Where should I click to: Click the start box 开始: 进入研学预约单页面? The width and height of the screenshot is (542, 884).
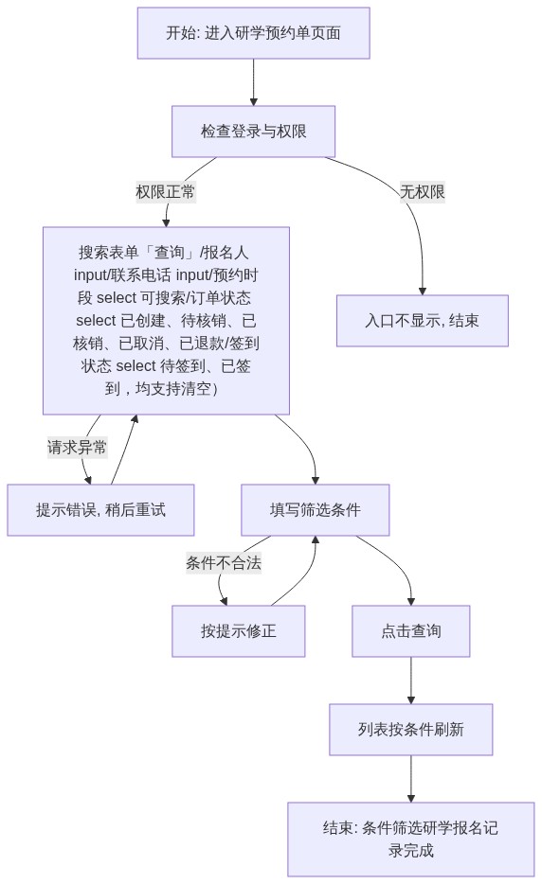coord(254,33)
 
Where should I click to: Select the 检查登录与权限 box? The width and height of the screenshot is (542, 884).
coord(254,132)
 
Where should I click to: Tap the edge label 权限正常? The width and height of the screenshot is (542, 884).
coord(166,192)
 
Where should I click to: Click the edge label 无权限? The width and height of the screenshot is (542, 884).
coord(423,192)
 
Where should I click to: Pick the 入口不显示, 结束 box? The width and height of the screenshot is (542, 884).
coord(423,321)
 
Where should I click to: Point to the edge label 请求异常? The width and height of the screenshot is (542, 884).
coord(77,448)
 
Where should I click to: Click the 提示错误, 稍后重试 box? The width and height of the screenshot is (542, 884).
coord(100,510)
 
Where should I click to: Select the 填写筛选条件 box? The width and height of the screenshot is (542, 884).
coord(315,510)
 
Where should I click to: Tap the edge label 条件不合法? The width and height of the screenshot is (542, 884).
coord(224,562)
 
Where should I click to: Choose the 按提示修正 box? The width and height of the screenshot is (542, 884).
coord(238,631)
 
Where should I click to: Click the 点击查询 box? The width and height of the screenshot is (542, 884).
coord(411,631)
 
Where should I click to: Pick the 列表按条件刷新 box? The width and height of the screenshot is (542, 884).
coord(411,730)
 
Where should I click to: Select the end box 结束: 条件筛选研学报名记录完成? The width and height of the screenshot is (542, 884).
coord(411,840)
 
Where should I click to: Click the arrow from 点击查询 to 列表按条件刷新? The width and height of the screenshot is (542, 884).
coord(411,681)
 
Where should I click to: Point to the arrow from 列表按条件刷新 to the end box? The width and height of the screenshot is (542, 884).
coord(411,779)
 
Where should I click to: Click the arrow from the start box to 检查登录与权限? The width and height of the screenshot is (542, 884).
coord(254,82)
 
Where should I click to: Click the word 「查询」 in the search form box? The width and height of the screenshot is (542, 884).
coord(170,253)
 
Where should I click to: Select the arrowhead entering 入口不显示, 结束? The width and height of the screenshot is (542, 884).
coord(423,291)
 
